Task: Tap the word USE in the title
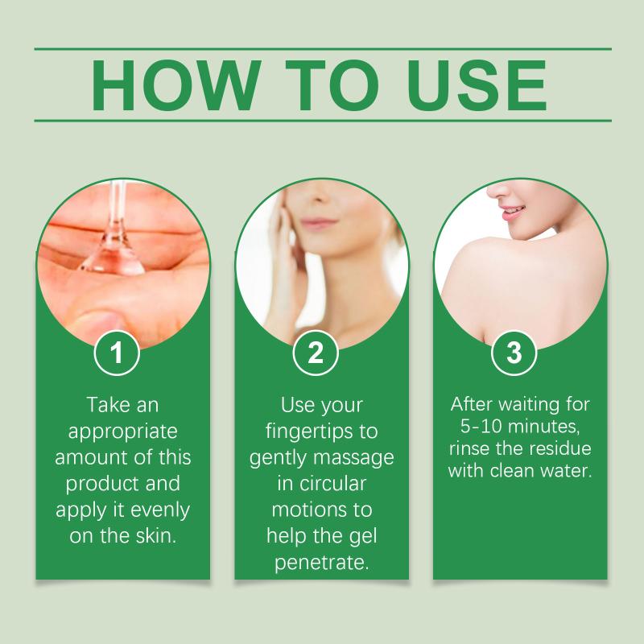pos(477,85)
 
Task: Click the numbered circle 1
pos(117,353)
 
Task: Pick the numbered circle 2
pos(316,353)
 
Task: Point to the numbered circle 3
pos(514,353)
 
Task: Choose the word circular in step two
pos(332,484)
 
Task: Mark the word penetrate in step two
pos(321,563)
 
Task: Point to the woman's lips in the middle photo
pos(317,224)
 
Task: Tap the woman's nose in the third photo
pos(499,190)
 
